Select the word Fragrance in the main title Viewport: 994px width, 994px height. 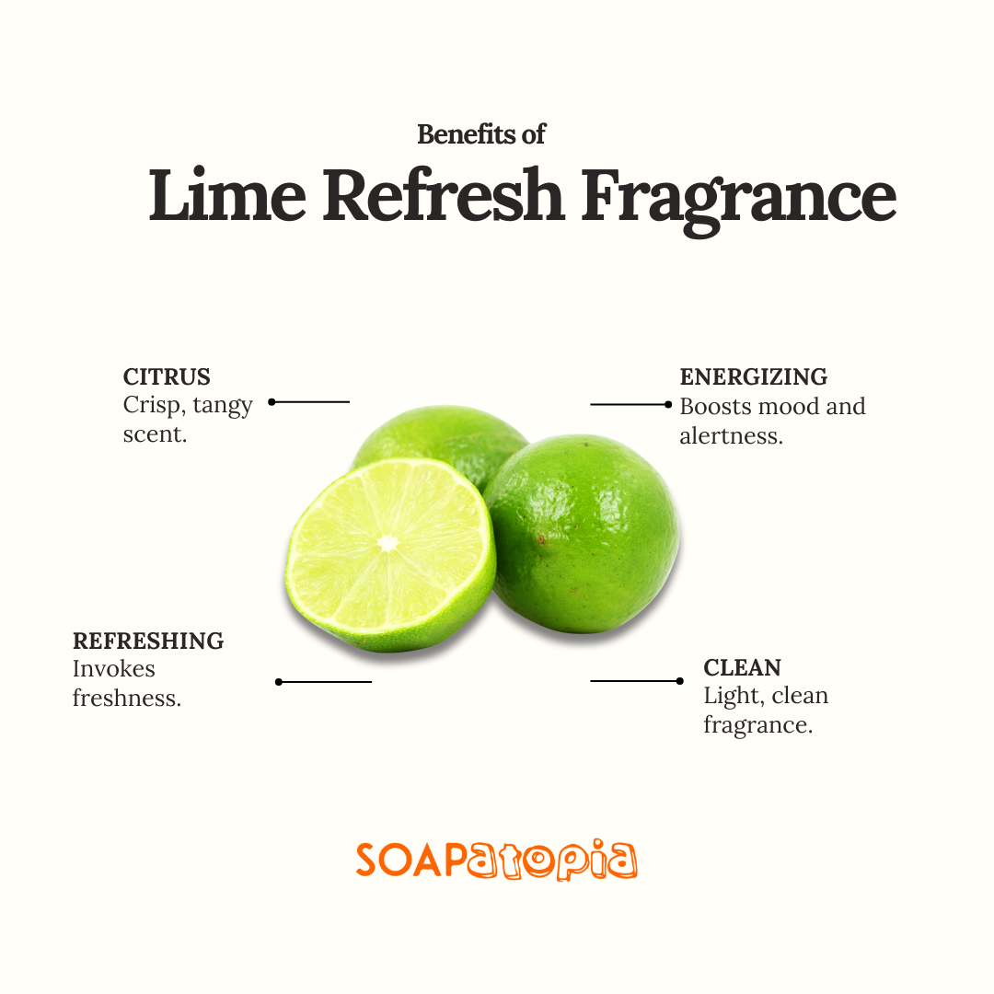click(738, 202)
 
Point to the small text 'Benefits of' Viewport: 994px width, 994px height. click(481, 134)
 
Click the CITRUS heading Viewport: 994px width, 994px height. click(167, 376)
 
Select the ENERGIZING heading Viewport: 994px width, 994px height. click(754, 376)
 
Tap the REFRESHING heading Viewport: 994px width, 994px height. click(148, 641)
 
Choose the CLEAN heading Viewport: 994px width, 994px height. click(743, 667)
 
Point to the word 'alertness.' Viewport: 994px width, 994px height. click(732, 436)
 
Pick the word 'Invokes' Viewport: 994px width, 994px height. click(114, 669)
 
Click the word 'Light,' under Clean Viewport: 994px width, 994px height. click(732, 697)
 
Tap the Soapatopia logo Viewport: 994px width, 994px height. click(496, 860)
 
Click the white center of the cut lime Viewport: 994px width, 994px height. click(387, 543)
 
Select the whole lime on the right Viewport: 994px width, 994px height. click(582, 533)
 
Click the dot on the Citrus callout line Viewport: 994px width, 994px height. click(272, 402)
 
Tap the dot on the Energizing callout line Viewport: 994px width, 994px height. click(668, 404)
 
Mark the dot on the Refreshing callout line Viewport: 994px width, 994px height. click(279, 682)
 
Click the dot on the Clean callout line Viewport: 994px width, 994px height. click(679, 681)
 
